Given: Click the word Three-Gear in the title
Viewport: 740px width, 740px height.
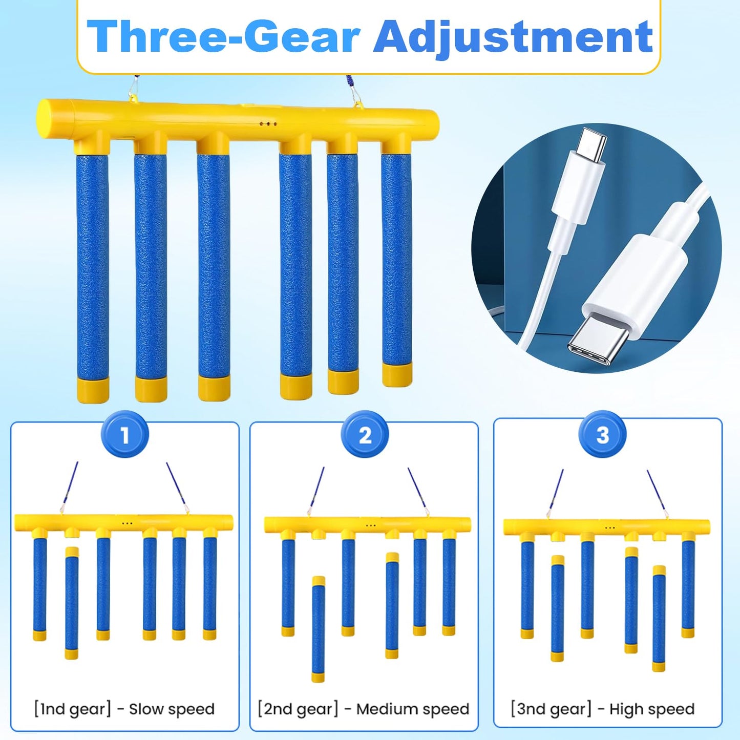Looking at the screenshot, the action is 223,37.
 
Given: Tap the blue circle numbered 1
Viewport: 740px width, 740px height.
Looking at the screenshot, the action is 125,435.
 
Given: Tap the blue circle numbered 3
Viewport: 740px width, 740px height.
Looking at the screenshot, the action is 603,435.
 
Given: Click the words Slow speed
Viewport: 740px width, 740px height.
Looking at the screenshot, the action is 171,709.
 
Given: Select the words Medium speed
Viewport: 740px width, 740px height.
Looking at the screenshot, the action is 413,709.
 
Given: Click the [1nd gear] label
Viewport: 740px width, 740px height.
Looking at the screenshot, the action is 72,709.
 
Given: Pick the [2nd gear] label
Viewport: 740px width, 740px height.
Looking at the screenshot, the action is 299,709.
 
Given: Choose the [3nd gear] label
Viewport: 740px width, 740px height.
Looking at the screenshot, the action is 551,709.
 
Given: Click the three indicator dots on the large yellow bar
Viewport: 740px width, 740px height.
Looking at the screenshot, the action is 268,124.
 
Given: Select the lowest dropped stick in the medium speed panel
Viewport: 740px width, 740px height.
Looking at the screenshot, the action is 319,629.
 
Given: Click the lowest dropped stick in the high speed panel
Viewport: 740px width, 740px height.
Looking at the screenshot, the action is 659,618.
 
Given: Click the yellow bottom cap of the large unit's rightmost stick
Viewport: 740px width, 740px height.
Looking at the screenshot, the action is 397,375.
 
